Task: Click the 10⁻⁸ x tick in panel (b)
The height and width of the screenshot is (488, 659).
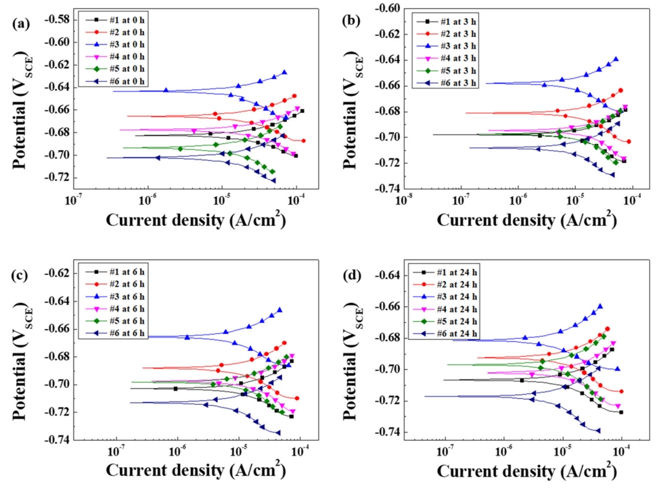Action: (x=405, y=201)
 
